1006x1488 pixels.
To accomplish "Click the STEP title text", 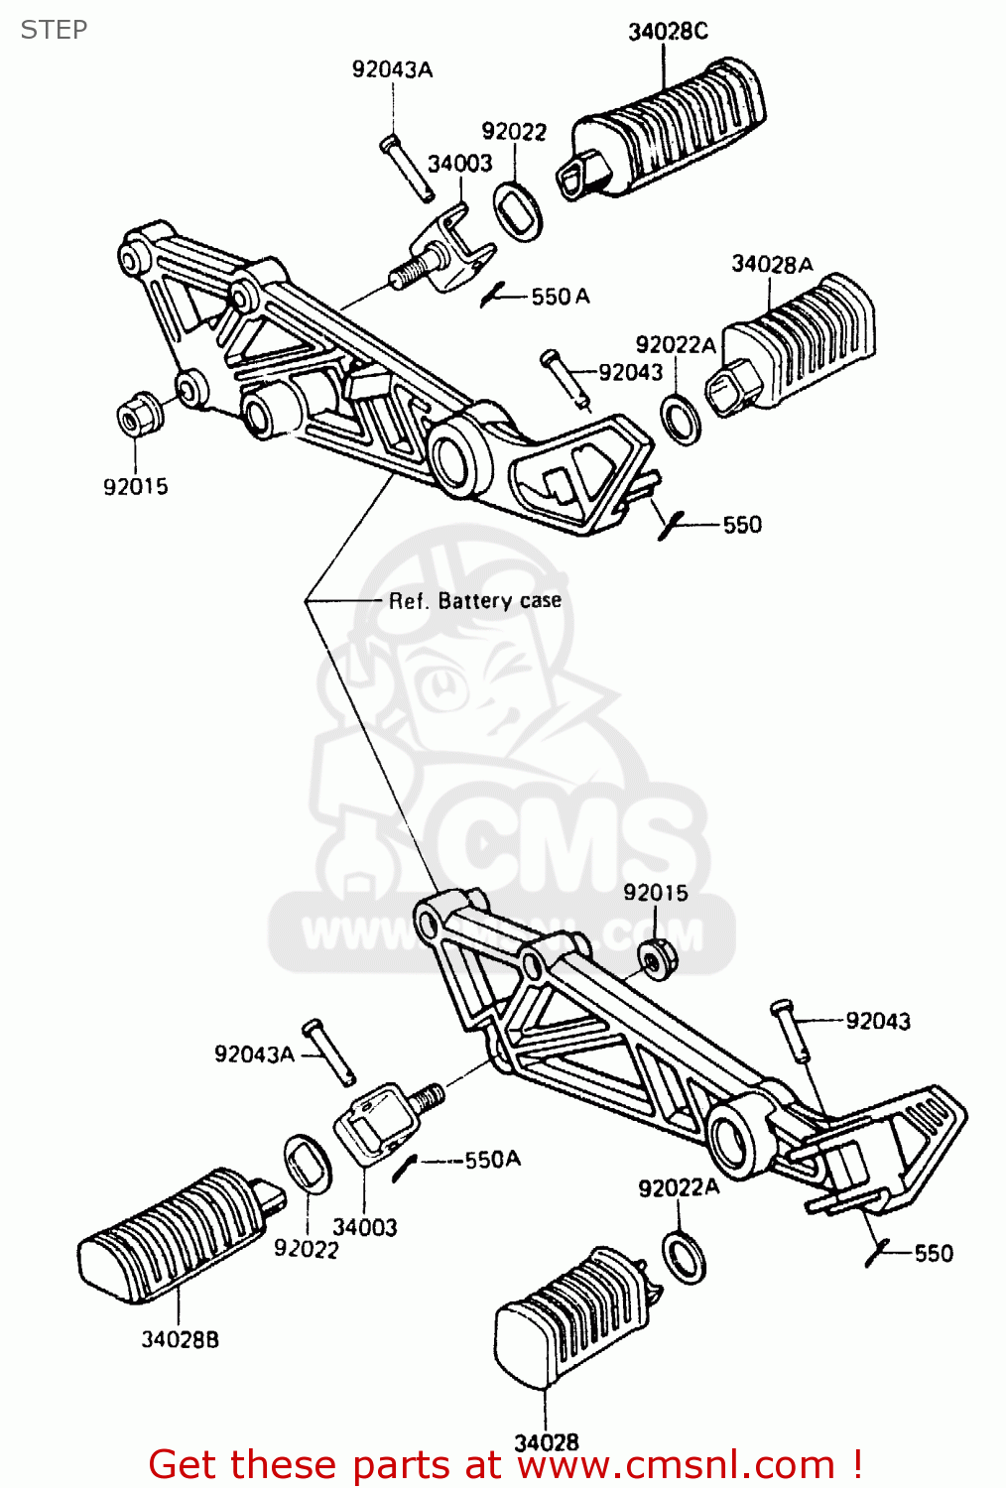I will point(54,30).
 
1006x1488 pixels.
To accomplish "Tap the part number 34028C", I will point(668,32).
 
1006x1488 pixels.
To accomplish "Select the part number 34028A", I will point(772,264).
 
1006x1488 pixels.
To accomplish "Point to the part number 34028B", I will point(180,1339).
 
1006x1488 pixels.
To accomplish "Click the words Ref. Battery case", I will point(474,601).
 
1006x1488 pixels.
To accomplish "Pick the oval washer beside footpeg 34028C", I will point(518,210).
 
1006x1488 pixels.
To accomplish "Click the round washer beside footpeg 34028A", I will point(683,419).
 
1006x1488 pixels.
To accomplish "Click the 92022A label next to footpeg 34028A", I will point(675,344).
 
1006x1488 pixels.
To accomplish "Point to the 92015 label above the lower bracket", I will point(655,893).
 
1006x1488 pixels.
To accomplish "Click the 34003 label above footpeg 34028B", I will point(364,1227).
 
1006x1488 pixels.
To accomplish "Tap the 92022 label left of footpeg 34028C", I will point(514,132).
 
